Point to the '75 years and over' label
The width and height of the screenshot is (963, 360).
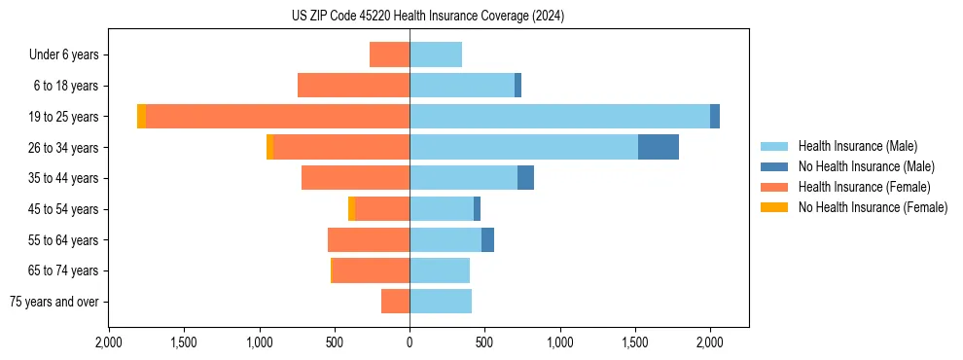click(54, 302)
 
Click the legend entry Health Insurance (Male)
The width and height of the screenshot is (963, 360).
click(857, 146)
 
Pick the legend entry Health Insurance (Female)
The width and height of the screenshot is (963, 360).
click(865, 187)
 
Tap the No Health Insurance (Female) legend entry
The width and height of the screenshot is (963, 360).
click(873, 207)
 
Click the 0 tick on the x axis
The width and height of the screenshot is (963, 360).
click(410, 342)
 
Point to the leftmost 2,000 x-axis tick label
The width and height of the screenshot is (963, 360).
click(109, 342)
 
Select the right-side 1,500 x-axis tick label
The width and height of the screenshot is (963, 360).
click(635, 342)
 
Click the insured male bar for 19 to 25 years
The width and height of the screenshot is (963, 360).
click(559, 117)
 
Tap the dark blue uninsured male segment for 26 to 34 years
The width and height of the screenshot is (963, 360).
click(658, 147)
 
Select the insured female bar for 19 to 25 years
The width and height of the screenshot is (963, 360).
click(277, 117)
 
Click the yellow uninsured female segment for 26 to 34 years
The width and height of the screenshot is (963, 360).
click(269, 147)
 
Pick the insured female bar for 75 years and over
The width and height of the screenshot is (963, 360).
click(395, 302)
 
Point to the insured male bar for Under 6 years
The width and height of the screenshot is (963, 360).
click(436, 54)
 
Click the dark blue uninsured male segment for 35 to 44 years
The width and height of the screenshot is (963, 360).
click(525, 178)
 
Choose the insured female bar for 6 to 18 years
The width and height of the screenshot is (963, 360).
click(353, 86)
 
